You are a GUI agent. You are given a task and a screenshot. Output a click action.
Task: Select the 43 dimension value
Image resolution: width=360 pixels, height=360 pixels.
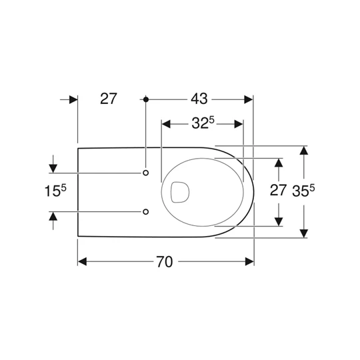pos(199,99)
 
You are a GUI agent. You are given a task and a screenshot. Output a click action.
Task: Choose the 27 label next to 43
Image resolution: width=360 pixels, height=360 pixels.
pos(109,99)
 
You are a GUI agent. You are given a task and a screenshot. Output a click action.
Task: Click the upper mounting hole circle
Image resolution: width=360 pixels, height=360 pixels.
pos(145,173)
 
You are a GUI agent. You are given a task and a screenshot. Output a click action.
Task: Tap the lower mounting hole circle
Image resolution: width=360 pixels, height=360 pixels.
pos(145,212)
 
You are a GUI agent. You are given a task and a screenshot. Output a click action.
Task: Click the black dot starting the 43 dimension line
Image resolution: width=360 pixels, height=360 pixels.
pos(145,99)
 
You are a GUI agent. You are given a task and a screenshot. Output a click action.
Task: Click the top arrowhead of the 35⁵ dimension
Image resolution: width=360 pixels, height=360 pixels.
pos(304,151)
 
